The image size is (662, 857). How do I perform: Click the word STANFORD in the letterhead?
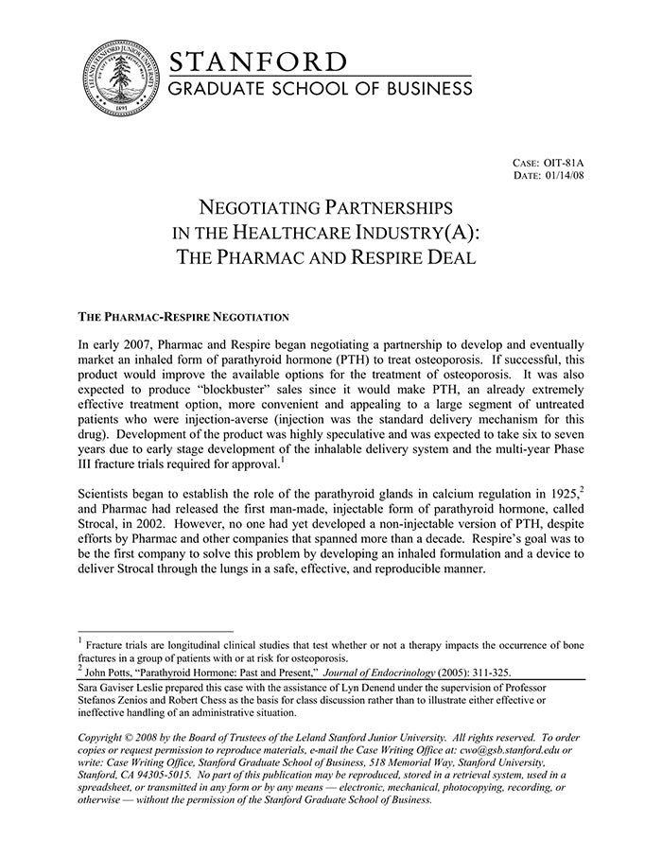[258, 62]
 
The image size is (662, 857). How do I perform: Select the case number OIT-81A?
[565, 163]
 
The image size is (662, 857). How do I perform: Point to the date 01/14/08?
[565, 175]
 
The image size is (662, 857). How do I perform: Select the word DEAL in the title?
[448, 257]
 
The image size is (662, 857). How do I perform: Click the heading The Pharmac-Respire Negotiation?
[183, 316]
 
